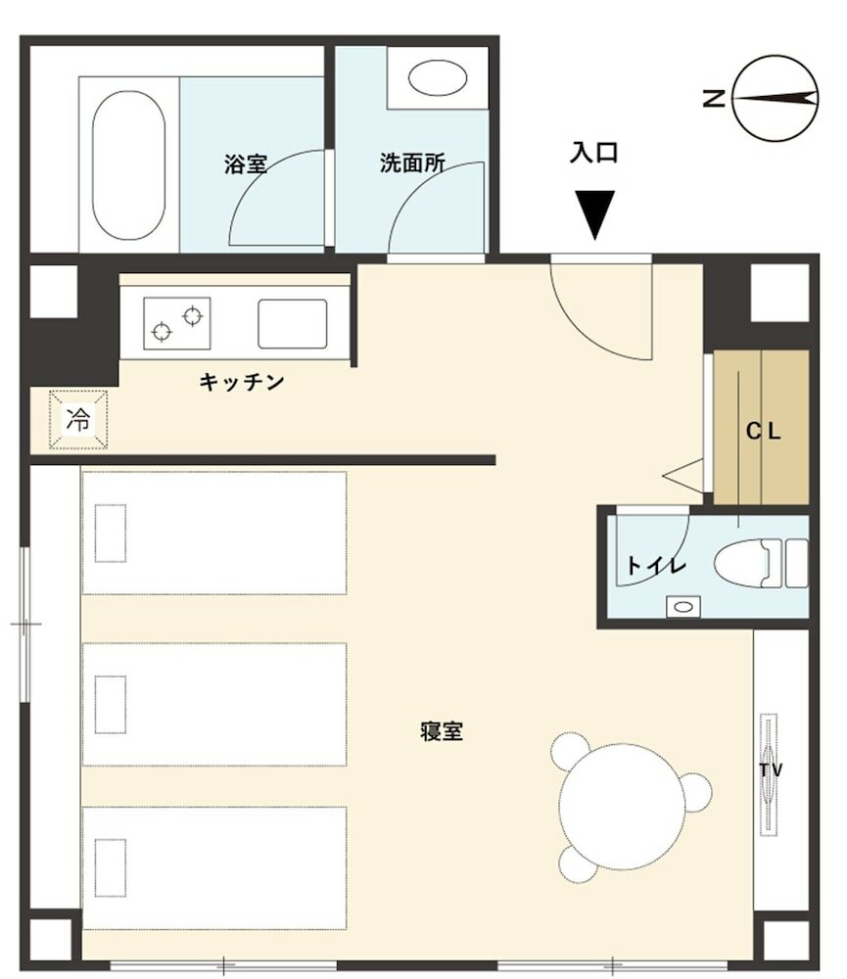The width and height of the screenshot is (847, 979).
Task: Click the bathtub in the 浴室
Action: tap(128, 165)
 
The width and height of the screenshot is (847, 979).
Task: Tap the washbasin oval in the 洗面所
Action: tap(438, 78)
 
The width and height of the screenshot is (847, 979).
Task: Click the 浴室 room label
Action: tap(246, 164)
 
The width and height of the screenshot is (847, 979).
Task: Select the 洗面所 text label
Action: tap(412, 163)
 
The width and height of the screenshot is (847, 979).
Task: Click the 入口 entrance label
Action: tap(593, 153)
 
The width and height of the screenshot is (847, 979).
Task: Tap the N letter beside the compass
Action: tap(713, 98)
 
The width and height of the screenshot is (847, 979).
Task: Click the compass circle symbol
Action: tap(775, 98)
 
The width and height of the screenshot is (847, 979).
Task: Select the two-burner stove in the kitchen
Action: tap(177, 323)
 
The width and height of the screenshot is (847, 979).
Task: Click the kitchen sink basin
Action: tap(293, 323)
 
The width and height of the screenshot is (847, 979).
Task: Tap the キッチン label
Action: tap(242, 382)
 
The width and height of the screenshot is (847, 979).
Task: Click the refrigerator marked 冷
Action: tap(78, 420)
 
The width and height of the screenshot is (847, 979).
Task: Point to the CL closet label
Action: tap(764, 431)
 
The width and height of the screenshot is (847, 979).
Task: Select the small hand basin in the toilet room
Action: tap(682, 606)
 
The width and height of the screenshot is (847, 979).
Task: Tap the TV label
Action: tap(771, 769)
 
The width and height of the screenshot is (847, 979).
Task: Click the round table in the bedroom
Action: tap(622, 807)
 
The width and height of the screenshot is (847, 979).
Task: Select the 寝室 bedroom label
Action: tap(442, 731)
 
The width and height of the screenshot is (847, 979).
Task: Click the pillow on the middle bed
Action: tap(111, 704)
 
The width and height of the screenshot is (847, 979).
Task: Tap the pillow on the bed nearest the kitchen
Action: tap(111, 534)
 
